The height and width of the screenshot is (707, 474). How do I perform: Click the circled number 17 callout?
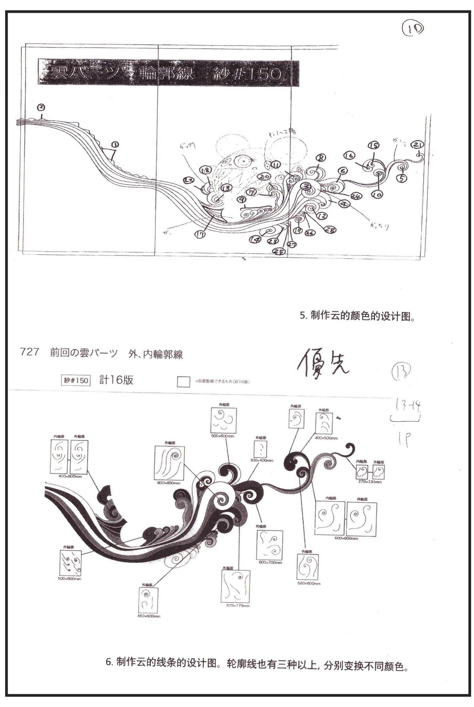click(x=201, y=235)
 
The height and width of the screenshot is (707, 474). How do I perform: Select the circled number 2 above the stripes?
click(x=41, y=107)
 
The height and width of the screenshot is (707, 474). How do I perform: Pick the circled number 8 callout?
click(x=321, y=158)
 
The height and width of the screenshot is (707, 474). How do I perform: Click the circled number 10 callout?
click(x=379, y=194)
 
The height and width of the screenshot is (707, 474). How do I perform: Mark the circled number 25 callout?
click(x=280, y=252)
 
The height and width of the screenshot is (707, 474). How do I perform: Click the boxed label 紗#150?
click(x=75, y=380)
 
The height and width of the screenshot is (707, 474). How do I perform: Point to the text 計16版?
click(x=116, y=380)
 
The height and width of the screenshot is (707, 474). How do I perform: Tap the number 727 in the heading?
click(x=30, y=352)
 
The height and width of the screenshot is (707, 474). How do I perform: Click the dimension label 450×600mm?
click(x=149, y=616)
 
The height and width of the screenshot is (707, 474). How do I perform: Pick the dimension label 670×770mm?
click(x=235, y=606)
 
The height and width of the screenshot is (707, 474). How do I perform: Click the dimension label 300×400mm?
click(x=261, y=460)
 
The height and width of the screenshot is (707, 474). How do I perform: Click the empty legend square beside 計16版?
click(x=183, y=382)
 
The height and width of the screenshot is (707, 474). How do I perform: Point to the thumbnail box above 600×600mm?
click(x=224, y=420)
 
